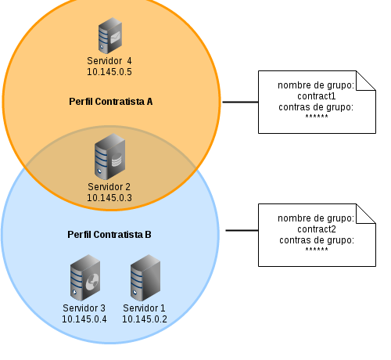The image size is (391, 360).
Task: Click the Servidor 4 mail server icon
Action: coord(110,35)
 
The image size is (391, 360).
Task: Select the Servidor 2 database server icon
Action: coord(109,157)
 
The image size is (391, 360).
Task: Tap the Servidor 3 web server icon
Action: coord(85,278)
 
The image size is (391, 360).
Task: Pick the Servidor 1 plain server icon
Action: coord(145,278)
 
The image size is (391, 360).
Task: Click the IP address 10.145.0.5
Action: coord(109,72)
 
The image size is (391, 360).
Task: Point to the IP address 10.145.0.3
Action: coord(109,198)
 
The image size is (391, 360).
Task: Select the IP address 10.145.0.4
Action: coord(84,319)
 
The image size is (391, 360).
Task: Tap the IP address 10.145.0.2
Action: coord(145,319)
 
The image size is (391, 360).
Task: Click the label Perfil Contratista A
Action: coord(111,102)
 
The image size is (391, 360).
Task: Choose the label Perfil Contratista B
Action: coord(109,235)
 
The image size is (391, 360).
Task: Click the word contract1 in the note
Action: coord(317,96)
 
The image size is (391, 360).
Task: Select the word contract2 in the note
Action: coord(317,229)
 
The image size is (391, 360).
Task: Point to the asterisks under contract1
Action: coord(317,117)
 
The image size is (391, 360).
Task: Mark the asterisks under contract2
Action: coord(317,250)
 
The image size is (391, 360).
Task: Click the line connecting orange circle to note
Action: coord(240,102)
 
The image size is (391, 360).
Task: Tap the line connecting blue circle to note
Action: coord(242,230)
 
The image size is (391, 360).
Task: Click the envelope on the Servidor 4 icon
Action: coord(115,38)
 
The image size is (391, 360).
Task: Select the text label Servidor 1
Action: coord(144,308)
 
